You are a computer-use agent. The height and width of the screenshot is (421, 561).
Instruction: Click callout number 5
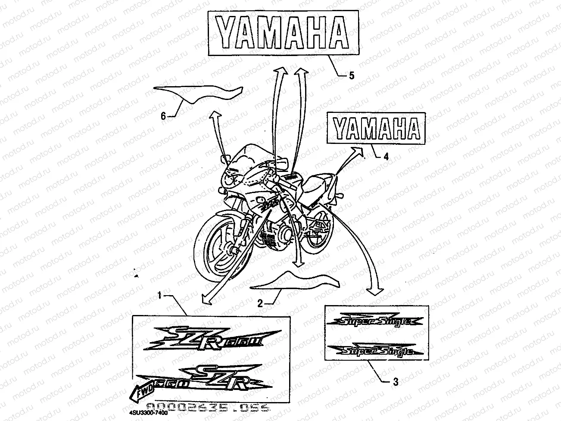pos(352,76)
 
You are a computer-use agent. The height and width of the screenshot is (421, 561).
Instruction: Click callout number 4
pos(386,157)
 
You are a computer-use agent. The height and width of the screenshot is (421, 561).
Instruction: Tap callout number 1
pos(159,296)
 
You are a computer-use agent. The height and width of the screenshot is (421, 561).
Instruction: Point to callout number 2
pos(260,303)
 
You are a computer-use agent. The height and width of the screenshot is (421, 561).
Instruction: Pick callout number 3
pos(396,381)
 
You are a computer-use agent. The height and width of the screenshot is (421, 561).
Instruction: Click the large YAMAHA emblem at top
pos(282,33)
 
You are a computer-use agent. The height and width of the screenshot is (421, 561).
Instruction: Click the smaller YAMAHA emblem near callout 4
pos(377,128)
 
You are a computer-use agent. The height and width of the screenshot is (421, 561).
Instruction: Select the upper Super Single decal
pos(375,321)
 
